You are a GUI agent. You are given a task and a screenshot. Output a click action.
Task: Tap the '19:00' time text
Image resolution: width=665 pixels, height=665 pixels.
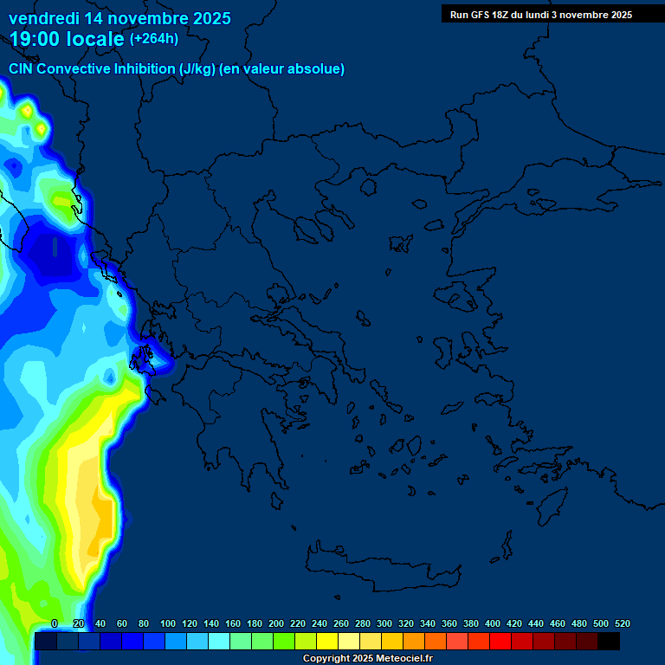click(x=33, y=39)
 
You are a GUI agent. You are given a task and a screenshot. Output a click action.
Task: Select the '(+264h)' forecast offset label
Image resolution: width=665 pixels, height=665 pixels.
click(x=154, y=39)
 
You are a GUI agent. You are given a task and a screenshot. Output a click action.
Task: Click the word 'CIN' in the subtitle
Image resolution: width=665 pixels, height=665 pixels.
click(x=22, y=68)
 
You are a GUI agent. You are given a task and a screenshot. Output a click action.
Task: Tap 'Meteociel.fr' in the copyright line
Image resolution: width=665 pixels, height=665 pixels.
click(x=404, y=659)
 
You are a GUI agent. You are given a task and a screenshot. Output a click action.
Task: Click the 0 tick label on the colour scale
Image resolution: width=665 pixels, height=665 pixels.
click(x=55, y=623)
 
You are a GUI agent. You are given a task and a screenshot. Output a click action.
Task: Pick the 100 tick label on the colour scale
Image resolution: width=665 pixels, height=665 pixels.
click(x=168, y=623)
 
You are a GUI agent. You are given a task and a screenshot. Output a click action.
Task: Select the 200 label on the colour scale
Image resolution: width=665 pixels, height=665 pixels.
click(x=276, y=623)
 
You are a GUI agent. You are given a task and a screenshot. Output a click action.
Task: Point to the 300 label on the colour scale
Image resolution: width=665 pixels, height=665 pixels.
click(x=384, y=623)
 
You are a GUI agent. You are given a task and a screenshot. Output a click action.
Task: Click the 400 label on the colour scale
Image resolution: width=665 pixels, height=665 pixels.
click(x=493, y=623)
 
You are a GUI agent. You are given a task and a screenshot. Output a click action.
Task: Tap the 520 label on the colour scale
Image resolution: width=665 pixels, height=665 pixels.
click(x=622, y=623)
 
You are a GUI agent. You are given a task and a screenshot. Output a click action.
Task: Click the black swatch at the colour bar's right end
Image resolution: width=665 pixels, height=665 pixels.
click(x=609, y=642)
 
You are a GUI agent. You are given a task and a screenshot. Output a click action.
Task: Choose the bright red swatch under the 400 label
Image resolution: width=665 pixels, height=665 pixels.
click(x=500, y=642)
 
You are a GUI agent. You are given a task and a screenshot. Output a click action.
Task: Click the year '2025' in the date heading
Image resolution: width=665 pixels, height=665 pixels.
click(x=206, y=18)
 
